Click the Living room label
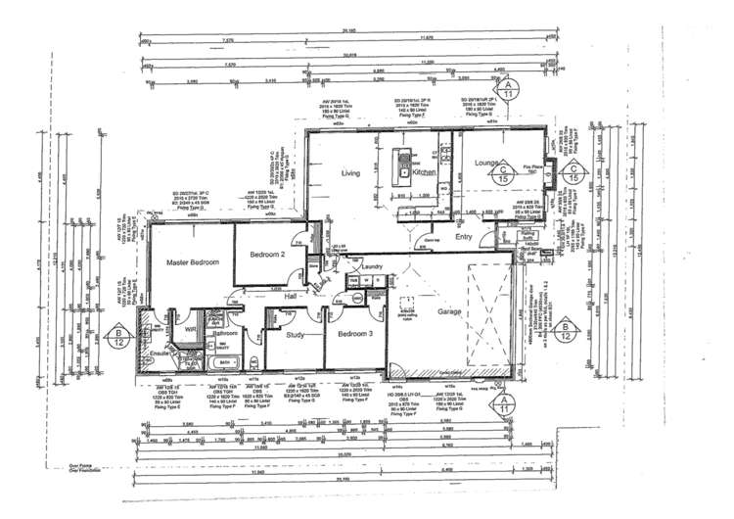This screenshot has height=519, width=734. (350, 174)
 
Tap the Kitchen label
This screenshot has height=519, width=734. (423, 172)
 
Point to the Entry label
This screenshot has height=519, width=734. (463, 236)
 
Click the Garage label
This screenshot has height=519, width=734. (449, 311)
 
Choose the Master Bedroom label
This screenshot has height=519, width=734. (192, 262)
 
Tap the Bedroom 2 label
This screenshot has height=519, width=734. (266, 255)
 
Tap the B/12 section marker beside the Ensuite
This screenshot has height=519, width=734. (117, 339)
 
